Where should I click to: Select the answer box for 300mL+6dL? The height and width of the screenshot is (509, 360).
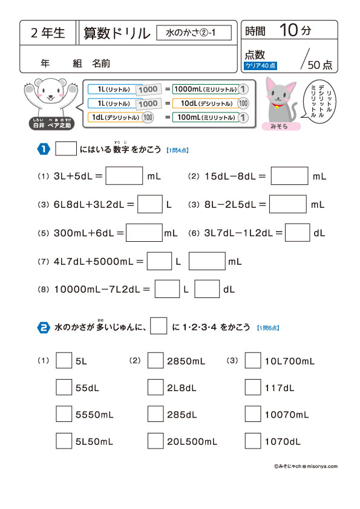point(144,233)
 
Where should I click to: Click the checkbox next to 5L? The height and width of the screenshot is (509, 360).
point(64,361)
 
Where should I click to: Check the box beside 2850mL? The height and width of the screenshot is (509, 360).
point(155,361)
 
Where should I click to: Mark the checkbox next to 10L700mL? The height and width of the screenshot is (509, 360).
point(253,361)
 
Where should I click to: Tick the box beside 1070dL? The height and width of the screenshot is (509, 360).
point(253,441)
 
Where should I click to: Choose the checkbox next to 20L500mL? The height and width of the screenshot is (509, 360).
point(155,441)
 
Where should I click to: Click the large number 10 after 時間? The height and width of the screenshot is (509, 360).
point(289,30)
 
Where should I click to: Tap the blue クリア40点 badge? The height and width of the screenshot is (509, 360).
point(260,65)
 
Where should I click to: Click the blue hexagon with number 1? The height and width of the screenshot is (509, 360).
point(44,149)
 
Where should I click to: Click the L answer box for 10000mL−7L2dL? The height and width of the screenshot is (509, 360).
point(167,290)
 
